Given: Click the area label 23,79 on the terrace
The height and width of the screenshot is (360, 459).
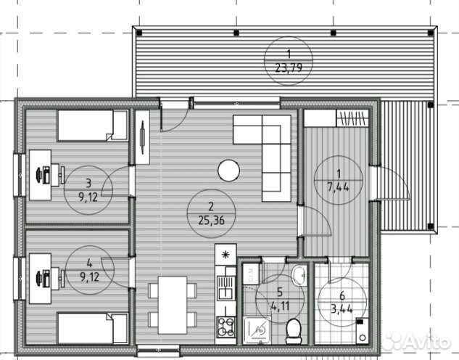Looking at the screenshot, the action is coord(289,68).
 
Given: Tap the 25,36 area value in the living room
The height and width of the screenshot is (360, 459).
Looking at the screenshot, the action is coord(211,220).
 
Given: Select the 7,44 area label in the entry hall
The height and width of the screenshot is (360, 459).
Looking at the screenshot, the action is coord(338,187).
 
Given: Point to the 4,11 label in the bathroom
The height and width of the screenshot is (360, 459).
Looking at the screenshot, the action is coord(280,306).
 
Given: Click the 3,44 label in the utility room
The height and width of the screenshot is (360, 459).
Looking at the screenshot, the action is coord(342,308).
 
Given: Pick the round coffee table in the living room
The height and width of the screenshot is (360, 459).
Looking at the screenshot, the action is coord(229,170).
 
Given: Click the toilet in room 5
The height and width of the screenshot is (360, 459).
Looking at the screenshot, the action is coord(294,331).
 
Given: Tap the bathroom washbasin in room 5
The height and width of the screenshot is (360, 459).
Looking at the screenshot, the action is coord(299,275).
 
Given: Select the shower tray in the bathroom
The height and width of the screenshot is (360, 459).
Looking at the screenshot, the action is coord(257,330).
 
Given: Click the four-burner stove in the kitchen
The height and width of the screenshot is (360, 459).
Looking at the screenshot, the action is coord(226,327).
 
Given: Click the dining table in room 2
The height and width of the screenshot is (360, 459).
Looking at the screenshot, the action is coord(173,305).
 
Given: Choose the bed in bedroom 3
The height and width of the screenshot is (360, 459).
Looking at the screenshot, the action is coord(93,126).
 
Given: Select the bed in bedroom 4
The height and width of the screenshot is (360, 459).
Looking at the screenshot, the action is coord(93,328).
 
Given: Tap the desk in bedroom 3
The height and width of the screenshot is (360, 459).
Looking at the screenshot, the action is coord(40,175).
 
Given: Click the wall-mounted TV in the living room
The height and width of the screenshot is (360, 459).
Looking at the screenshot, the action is coord(143,137).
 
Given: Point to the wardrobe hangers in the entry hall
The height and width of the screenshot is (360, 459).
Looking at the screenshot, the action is coord(352,118).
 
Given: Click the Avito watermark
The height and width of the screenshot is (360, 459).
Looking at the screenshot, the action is coord(416,341).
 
